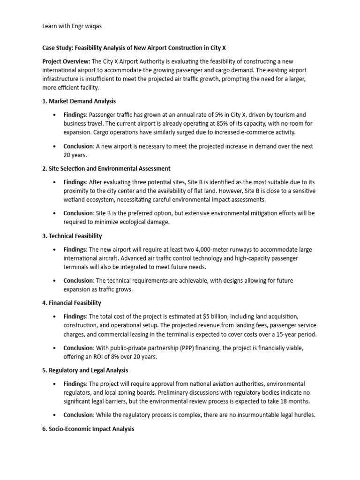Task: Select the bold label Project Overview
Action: click(x=66, y=62)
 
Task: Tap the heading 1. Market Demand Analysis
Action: click(x=79, y=101)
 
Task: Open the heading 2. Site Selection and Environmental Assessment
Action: click(x=106, y=168)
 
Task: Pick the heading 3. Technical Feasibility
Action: click(x=72, y=236)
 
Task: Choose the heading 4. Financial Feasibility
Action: click(x=72, y=303)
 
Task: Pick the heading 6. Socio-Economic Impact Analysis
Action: click(x=88, y=429)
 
